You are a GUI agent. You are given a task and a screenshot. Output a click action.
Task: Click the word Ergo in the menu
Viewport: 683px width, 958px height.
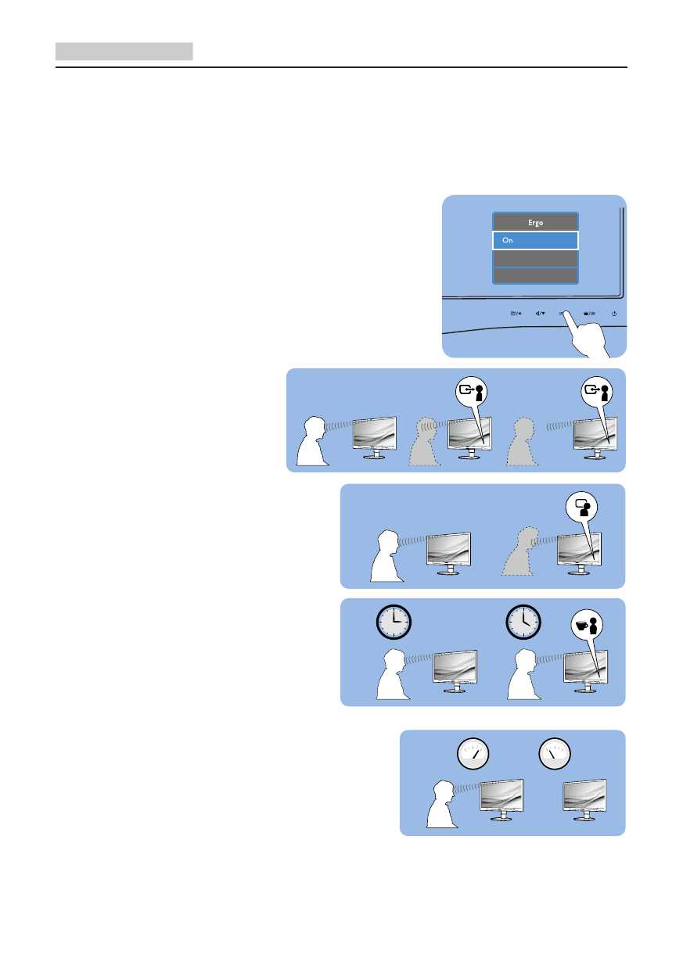[535, 223]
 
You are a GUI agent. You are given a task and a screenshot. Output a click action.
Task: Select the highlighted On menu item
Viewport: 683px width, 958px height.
[535, 241]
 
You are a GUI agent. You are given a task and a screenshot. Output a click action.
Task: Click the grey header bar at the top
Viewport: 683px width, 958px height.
[124, 52]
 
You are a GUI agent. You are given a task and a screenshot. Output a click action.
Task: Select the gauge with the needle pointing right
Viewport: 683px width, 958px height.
[473, 755]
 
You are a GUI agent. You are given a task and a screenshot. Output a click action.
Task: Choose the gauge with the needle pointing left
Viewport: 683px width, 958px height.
[555, 755]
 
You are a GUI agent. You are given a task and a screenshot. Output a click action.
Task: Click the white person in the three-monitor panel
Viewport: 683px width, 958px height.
[315, 442]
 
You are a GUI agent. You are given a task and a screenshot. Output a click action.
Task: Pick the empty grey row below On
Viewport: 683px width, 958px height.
[535, 259]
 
